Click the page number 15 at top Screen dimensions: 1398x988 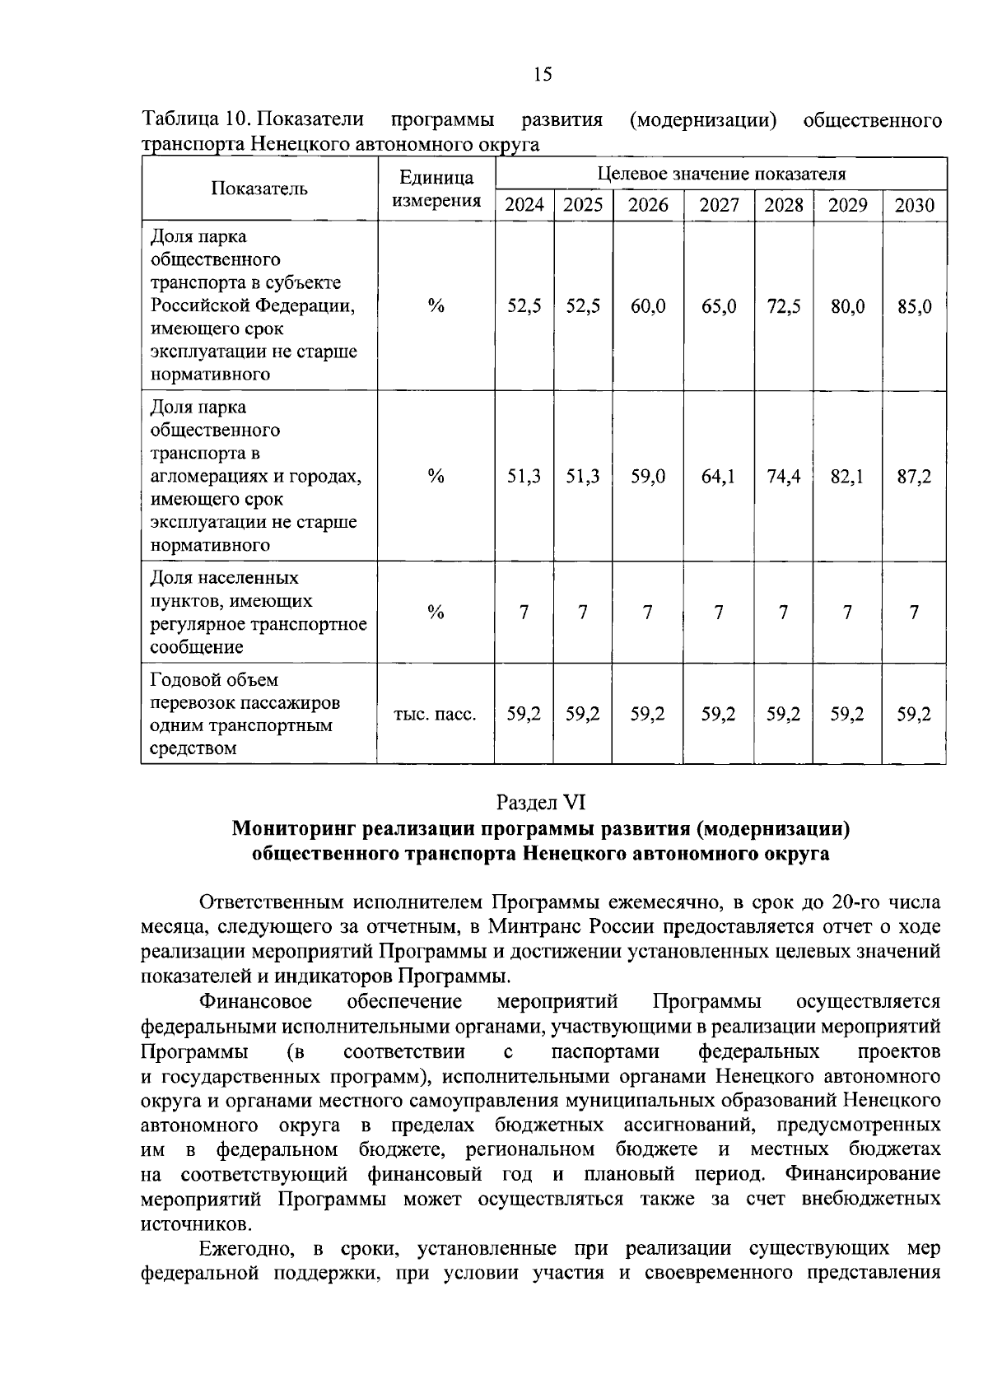(x=543, y=75)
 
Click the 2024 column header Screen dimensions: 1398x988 (x=524, y=205)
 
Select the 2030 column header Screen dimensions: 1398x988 (x=914, y=205)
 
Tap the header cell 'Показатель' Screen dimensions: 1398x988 (x=259, y=189)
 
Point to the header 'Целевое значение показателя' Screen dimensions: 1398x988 (x=720, y=174)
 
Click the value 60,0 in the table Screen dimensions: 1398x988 (x=648, y=306)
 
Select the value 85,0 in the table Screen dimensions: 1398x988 (x=914, y=306)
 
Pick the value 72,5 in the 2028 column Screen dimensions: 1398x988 (x=783, y=306)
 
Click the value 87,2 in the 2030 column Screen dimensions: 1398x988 (x=914, y=476)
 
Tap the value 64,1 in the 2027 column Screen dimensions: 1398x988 (x=718, y=476)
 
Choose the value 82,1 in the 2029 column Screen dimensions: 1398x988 (x=846, y=476)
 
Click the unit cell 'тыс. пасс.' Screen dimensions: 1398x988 (x=436, y=714)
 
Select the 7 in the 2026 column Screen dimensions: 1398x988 (x=648, y=612)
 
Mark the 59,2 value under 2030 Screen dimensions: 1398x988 (x=914, y=714)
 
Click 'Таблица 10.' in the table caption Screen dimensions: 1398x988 (x=193, y=120)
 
